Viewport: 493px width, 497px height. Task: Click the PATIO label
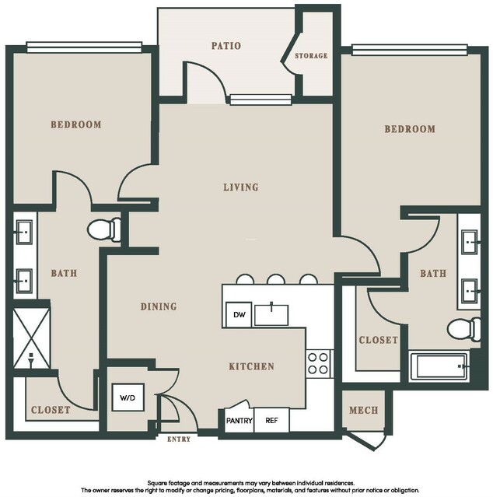click(226, 46)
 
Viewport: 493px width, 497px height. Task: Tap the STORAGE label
click(311, 56)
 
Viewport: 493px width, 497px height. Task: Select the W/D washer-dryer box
click(128, 397)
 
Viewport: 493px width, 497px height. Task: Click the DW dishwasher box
click(239, 314)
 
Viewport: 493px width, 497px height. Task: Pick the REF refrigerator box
click(272, 420)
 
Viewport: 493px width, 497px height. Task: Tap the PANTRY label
click(240, 421)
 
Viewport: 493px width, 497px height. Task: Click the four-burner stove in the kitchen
click(318, 363)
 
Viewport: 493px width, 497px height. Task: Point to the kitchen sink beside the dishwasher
click(271, 314)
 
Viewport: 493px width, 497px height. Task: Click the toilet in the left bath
click(104, 229)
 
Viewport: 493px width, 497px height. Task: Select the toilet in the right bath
click(464, 329)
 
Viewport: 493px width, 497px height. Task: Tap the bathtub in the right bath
click(439, 366)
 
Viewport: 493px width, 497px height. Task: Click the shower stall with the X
click(31, 338)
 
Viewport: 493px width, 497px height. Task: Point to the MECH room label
click(363, 410)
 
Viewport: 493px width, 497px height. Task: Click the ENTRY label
click(179, 439)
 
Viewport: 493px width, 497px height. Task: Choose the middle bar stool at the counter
click(276, 279)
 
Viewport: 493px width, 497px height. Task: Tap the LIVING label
click(241, 187)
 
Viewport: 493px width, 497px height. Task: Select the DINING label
click(159, 306)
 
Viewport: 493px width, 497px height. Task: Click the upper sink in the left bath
click(24, 233)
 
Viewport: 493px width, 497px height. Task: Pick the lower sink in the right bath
click(470, 291)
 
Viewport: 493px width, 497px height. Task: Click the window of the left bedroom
click(84, 47)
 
